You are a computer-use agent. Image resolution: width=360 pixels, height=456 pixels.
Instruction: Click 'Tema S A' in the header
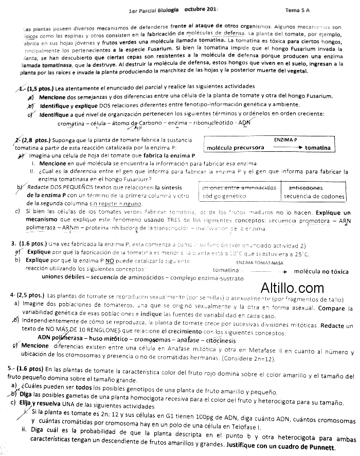299,10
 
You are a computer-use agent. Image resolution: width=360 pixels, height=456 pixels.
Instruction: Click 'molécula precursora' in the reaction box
236,148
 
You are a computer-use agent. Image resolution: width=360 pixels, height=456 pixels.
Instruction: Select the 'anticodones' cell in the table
305,188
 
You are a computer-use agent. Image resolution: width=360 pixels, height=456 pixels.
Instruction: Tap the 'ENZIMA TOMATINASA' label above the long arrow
260,262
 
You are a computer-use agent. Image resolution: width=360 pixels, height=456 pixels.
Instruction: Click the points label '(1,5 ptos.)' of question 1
39,88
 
